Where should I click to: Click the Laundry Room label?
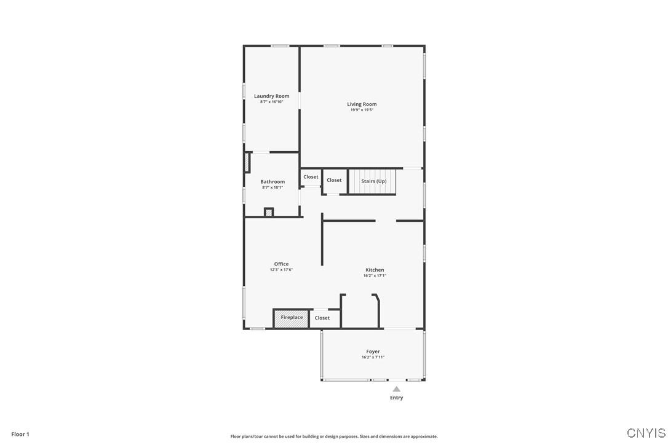(271, 96)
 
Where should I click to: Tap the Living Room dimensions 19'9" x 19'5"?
(362, 110)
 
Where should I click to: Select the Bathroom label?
(272, 182)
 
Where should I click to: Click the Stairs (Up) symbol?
(373, 181)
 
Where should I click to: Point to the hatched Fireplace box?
(292, 318)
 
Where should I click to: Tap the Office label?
(281, 264)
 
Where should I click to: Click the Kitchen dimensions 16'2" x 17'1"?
(375, 276)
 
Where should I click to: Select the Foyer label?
(373, 352)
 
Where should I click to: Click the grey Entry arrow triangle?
(397, 388)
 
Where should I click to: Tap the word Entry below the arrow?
(397, 398)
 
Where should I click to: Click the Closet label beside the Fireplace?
(322, 318)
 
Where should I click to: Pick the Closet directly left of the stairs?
(334, 180)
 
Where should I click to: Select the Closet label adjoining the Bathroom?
(311, 177)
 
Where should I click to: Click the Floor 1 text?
(20, 434)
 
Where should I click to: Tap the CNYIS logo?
(646, 433)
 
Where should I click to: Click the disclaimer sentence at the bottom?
(334, 436)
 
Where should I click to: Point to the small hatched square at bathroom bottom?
(268, 212)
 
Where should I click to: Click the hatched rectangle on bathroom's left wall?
(247, 162)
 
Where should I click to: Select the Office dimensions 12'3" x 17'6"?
(281, 270)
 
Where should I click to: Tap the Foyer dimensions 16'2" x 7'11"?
(373, 357)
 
